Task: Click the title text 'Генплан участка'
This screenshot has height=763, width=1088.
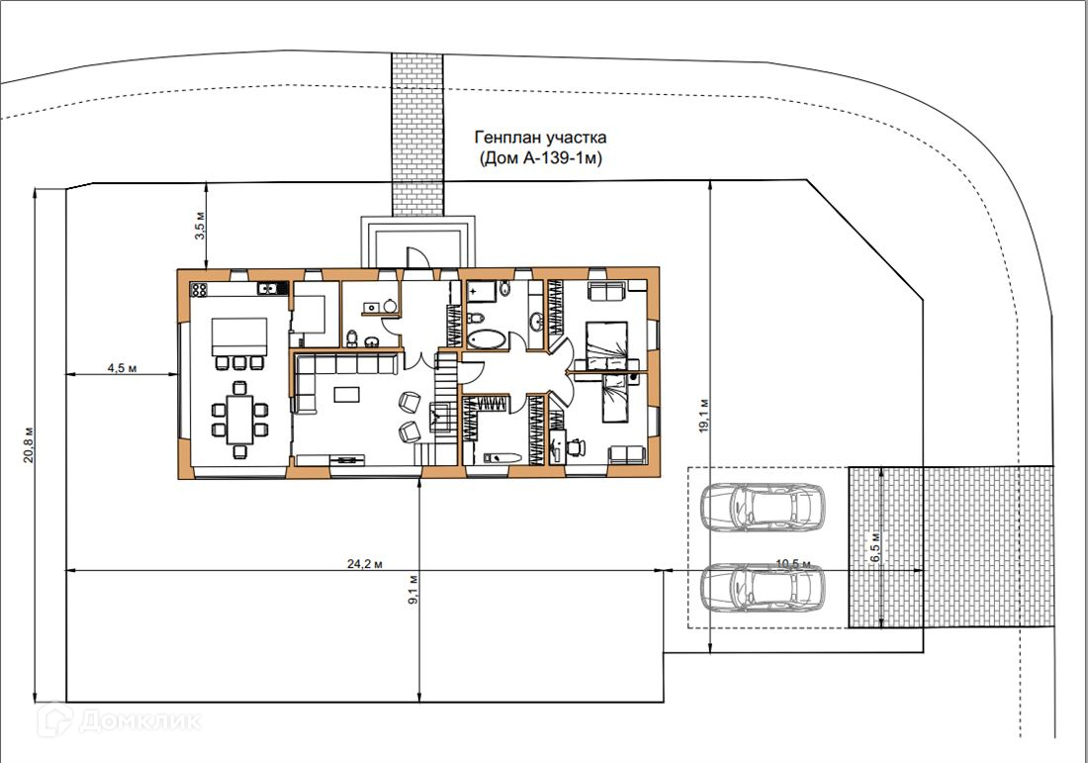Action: pos(540,138)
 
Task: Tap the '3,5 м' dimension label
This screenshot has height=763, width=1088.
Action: pos(201,225)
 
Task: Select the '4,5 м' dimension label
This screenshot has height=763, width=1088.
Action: pos(122,368)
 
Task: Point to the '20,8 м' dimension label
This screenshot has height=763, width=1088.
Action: pos(29,444)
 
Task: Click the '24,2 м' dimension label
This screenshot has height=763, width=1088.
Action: pos(365,564)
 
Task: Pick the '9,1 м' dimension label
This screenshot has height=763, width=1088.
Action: pos(413,590)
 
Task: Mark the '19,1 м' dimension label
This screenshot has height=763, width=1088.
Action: pos(703,417)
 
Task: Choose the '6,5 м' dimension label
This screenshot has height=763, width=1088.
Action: pos(874,547)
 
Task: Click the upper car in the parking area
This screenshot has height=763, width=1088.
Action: pos(763,508)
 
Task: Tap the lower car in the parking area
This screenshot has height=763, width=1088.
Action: pos(763,588)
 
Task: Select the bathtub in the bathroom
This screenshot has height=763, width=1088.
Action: pos(487,339)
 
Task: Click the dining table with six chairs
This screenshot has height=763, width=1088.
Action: pos(239,420)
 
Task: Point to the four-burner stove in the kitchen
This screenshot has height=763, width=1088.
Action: pos(199,289)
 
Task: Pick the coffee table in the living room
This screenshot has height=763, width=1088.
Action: pos(347,394)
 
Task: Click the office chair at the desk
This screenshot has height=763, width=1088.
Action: pos(575,447)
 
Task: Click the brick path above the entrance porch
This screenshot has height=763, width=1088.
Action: pos(417,135)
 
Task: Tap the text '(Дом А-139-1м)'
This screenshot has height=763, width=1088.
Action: pos(540,158)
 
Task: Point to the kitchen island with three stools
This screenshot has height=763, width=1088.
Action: pos(238,342)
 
